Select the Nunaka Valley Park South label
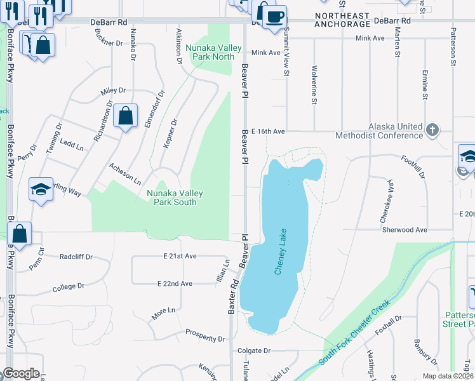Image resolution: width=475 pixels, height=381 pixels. [x=171, y=197]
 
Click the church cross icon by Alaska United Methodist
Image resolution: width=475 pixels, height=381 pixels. [x=432, y=130]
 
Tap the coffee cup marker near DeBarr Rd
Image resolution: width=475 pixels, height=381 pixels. [x=274, y=17]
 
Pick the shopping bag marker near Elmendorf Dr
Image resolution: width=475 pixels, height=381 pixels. [x=126, y=116]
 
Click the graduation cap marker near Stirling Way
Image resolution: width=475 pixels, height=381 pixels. [x=41, y=189]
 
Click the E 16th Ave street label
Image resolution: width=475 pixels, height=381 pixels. [x=268, y=131]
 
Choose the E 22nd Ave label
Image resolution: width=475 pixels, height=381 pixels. [x=175, y=283]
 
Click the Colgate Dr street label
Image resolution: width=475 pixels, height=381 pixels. [x=253, y=350]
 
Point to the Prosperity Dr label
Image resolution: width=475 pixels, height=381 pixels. [x=205, y=335]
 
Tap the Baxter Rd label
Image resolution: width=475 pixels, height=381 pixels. [x=232, y=297]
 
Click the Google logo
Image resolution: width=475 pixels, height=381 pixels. [x=20, y=373]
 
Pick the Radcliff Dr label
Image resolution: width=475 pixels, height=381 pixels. [x=76, y=257]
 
